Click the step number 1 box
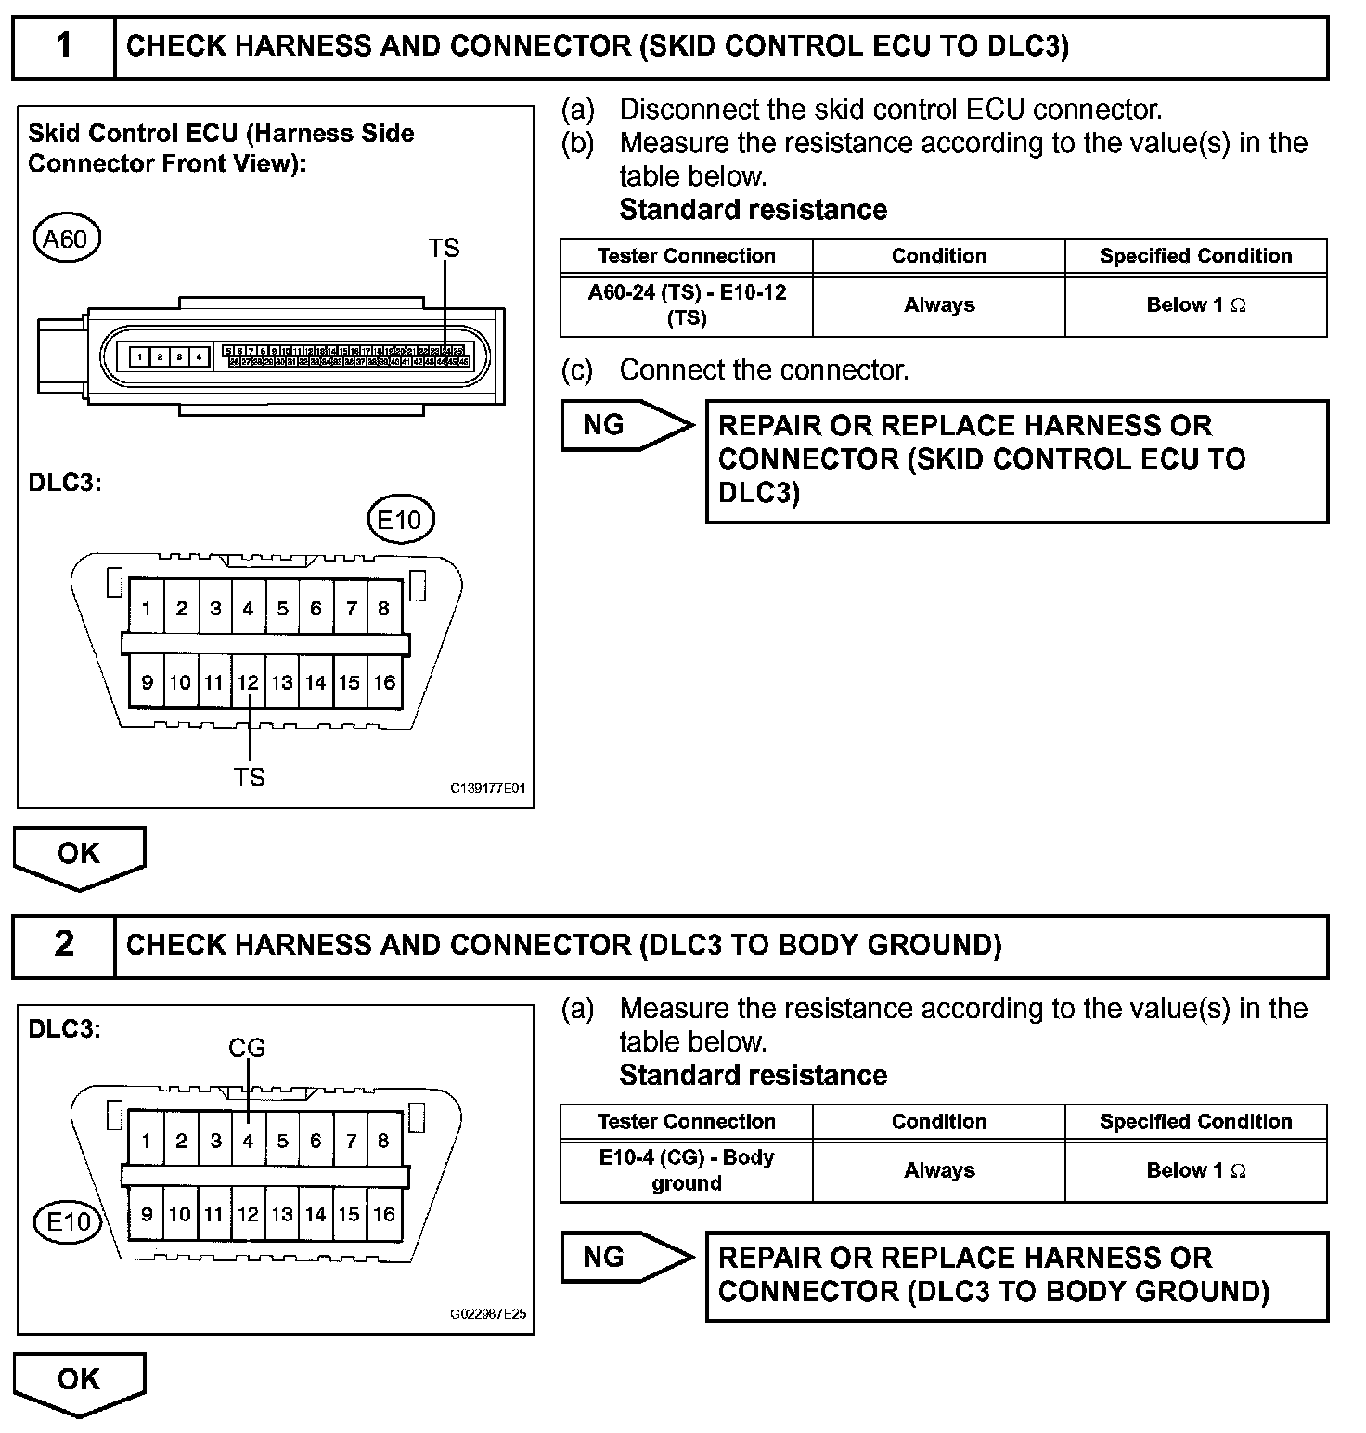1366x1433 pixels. (63, 46)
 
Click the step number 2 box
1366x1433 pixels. (63, 945)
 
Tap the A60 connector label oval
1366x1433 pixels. (66, 239)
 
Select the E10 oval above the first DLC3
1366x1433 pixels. (400, 520)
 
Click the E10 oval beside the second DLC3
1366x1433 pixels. (69, 1221)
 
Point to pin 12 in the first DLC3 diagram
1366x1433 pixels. (248, 683)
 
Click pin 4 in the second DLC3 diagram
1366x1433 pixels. (248, 1142)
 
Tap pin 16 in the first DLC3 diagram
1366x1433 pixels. (384, 683)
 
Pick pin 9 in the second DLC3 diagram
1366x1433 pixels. (147, 1214)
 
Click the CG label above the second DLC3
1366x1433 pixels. (247, 1049)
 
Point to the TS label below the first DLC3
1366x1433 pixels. (249, 778)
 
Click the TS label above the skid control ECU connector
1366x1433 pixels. (444, 249)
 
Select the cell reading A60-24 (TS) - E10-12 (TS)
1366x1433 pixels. (687, 305)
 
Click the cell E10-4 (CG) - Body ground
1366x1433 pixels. (687, 1170)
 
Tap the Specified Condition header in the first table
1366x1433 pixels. (1195, 256)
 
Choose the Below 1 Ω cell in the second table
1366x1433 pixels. (1195, 1170)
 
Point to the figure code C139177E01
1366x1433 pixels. (488, 789)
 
